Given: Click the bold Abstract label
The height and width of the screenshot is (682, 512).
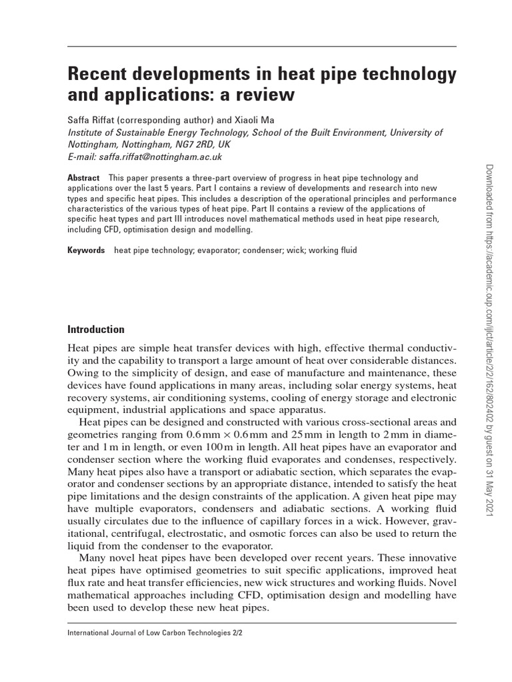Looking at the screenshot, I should tap(83, 178).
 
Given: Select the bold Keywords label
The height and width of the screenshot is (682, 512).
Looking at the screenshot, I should tap(86, 250).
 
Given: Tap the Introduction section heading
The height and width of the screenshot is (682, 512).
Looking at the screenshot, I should tap(96, 329).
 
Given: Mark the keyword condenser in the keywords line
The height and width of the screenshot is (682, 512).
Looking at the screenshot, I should tap(254, 250).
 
